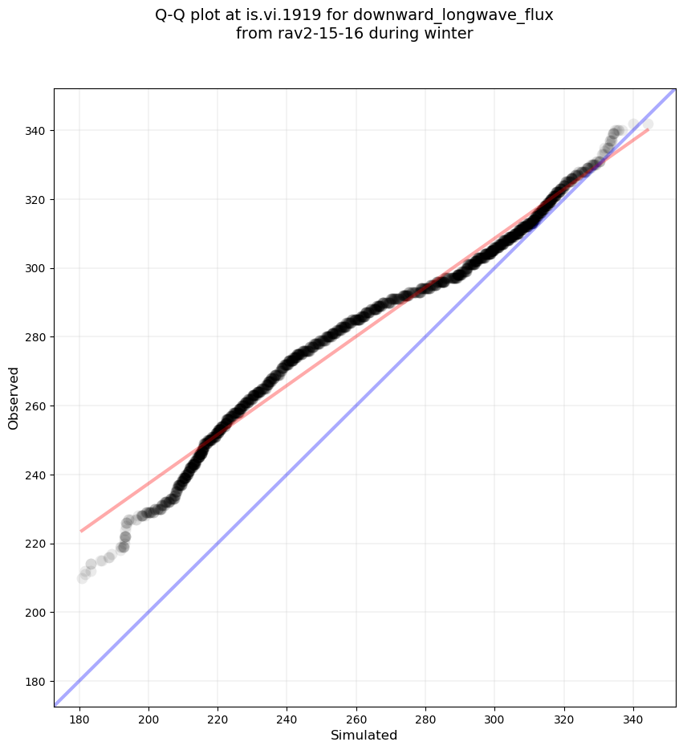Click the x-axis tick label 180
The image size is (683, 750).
tap(79, 716)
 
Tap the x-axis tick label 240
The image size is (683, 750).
tap(287, 716)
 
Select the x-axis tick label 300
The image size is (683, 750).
tap(494, 716)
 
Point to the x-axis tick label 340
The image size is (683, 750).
tap(633, 716)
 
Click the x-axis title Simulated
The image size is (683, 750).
tap(364, 735)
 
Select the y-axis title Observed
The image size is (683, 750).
tap(14, 397)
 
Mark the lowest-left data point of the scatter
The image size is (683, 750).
tap(83, 578)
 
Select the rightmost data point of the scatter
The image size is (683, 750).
tap(647, 124)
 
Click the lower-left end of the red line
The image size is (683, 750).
tap(80, 531)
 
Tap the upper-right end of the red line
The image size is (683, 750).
tap(648, 129)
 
